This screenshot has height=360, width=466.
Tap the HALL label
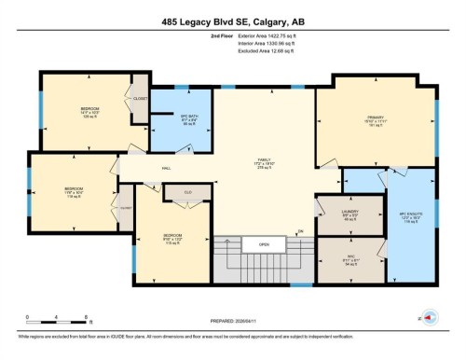point(140,168)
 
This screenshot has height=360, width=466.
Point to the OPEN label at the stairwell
point(264,246)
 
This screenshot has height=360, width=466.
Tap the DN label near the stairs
point(300,231)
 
